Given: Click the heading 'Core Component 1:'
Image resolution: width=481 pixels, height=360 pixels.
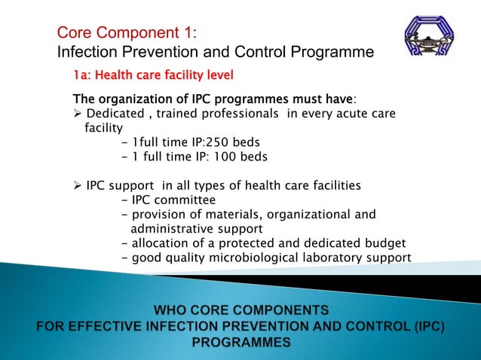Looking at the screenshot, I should (x=127, y=33).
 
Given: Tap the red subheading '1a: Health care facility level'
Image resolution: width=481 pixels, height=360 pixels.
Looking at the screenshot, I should (x=153, y=75).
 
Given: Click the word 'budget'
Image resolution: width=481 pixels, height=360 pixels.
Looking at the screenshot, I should (x=384, y=243).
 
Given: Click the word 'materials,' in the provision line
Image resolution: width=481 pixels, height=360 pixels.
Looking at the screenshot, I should (x=231, y=214).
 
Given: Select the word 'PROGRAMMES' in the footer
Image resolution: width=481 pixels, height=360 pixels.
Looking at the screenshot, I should (x=241, y=342).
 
